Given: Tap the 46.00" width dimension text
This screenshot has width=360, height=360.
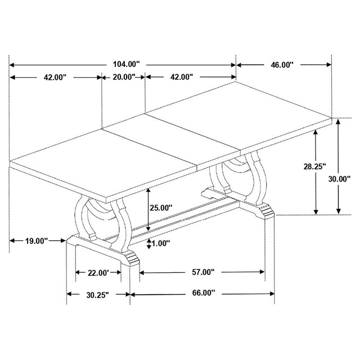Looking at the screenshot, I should [x=282, y=65].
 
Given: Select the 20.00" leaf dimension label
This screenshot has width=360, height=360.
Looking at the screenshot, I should [x=124, y=77].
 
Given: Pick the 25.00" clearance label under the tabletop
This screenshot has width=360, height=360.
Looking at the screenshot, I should [x=162, y=208].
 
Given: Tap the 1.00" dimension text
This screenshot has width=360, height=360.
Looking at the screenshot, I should [x=161, y=243].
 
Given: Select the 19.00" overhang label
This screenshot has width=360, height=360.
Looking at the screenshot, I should [x=37, y=240].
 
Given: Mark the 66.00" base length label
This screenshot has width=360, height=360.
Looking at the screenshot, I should [x=202, y=294].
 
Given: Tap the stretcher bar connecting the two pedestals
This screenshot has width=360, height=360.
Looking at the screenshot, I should [x=186, y=217].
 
